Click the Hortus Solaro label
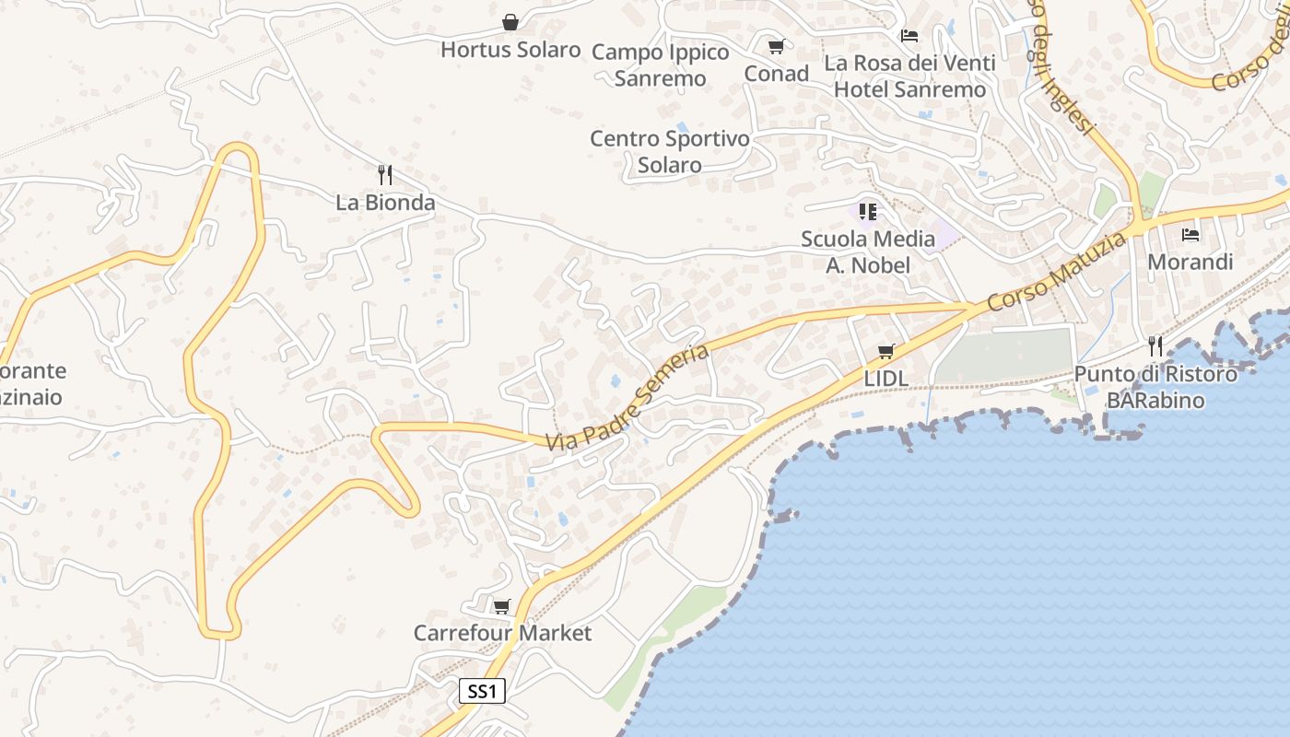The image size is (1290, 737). [510, 50]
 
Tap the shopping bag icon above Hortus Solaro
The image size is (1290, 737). [510, 22]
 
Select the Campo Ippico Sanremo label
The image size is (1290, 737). [660, 65]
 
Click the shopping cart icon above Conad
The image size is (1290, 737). [776, 46]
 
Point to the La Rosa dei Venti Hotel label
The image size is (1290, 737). [909, 76]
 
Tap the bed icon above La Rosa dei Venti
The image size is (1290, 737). [909, 36]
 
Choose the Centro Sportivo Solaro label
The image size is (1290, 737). [670, 152]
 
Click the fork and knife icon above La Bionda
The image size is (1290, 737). [385, 174]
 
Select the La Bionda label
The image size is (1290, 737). [385, 202]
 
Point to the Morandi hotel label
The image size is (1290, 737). [1190, 263]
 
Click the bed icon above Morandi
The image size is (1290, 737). [1190, 235]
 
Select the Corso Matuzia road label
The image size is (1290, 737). [1056, 273]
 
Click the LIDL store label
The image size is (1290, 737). [886, 379]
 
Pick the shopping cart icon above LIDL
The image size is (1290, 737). [886, 351]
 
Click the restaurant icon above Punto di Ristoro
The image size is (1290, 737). [1155, 346]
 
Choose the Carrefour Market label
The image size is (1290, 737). [502, 634]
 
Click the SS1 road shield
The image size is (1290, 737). [482, 691]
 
